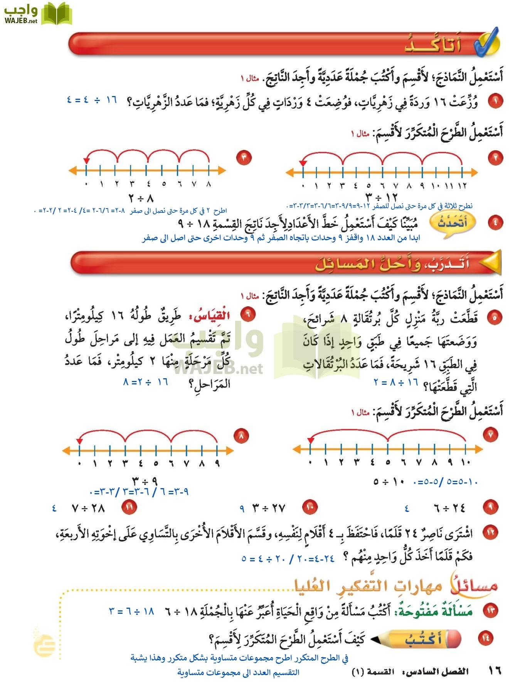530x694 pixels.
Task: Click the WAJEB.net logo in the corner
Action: (x=37, y=14)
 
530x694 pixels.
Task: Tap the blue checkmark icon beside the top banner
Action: (x=486, y=42)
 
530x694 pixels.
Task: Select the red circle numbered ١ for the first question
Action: (x=495, y=101)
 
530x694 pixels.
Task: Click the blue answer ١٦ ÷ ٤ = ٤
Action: (x=92, y=100)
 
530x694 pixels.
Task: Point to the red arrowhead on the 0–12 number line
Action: (x=303, y=163)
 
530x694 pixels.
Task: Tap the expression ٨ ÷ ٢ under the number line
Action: (x=141, y=199)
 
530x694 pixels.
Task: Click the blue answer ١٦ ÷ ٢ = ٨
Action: (x=146, y=382)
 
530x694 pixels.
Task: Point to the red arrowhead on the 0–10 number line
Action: (x=311, y=440)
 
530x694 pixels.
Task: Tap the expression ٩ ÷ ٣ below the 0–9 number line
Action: (x=145, y=481)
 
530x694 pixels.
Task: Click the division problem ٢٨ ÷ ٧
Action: (x=88, y=508)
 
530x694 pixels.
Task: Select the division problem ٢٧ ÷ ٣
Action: (x=269, y=508)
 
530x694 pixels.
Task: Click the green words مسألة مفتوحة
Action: (x=434, y=611)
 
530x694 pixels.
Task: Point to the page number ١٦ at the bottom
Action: (x=495, y=670)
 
